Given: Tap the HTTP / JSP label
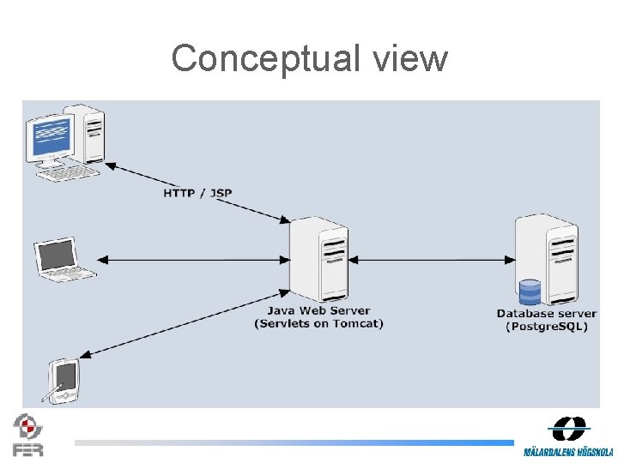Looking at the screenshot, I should pos(197,193).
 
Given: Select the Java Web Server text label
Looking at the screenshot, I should pos(318,310).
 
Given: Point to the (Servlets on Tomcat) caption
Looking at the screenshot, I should pos(318,323).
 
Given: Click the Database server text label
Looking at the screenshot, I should pos(547,313).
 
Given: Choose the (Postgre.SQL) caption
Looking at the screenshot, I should pos(547,327).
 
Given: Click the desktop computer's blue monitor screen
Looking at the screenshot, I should pos(51,137).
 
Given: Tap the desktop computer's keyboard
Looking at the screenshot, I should pos(67,172).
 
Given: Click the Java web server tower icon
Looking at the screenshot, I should pos(319,257).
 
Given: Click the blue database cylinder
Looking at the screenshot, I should pos(530,292).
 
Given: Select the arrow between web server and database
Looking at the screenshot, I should pos(429,259).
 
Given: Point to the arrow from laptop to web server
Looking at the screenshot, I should pos(193,259).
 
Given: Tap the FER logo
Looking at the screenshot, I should pos(27,435).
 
